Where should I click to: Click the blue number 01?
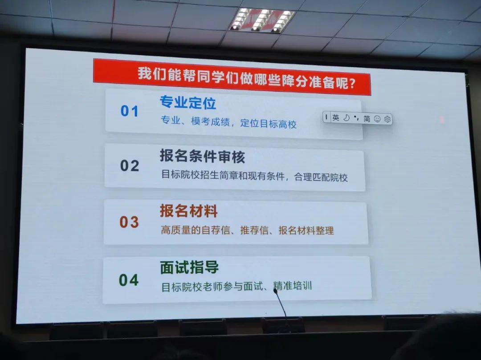click(130, 111)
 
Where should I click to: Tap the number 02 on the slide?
click(130, 166)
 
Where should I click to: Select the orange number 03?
click(129, 222)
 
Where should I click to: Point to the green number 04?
click(129, 280)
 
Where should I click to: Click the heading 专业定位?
click(188, 102)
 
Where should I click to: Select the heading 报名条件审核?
click(203, 156)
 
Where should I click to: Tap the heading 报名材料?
click(189, 211)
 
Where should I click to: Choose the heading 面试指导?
click(189, 267)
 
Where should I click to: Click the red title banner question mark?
click(352, 83)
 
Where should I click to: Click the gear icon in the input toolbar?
click(387, 119)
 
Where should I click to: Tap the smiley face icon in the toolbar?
click(377, 119)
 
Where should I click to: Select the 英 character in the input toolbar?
click(336, 117)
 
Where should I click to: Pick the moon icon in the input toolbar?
click(346, 118)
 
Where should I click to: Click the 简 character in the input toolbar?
click(367, 118)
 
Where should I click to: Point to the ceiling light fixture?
click(262, 20)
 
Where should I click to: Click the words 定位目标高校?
click(269, 123)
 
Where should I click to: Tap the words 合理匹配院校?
click(321, 177)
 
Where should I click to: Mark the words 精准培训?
click(292, 286)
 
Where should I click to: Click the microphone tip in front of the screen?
click(276, 291)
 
